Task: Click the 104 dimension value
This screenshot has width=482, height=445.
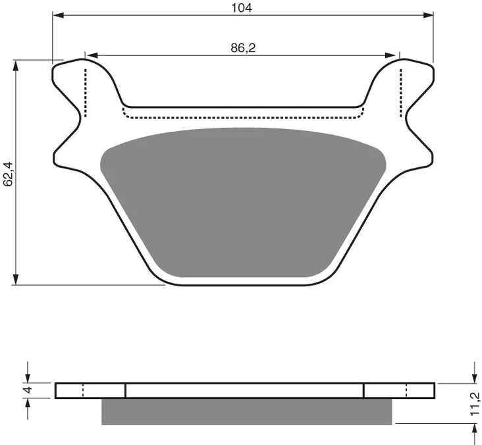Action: pyautogui.click(x=242, y=8)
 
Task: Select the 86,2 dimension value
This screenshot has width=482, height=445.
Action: pyautogui.click(x=242, y=48)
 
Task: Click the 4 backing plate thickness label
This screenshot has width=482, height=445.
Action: pyautogui.click(x=27, y=390)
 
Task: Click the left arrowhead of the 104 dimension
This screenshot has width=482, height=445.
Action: pyautogui.click(x=57, y=14)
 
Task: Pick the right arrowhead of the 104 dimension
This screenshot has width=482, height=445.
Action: pyautogui.click(x=429, y=14)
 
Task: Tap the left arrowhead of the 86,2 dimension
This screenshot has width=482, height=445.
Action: pyautogui.click(x=90, y=55)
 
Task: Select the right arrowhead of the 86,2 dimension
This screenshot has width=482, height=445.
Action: pyautogui.click(x=395, y=55)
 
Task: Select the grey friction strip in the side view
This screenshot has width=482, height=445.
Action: pyautogui.click(x=246, y=411)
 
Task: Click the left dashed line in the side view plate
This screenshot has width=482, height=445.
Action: pyautogui.click(x=83, y=391)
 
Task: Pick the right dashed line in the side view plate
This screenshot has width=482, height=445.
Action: pyautogui.click(x=406, y=391)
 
